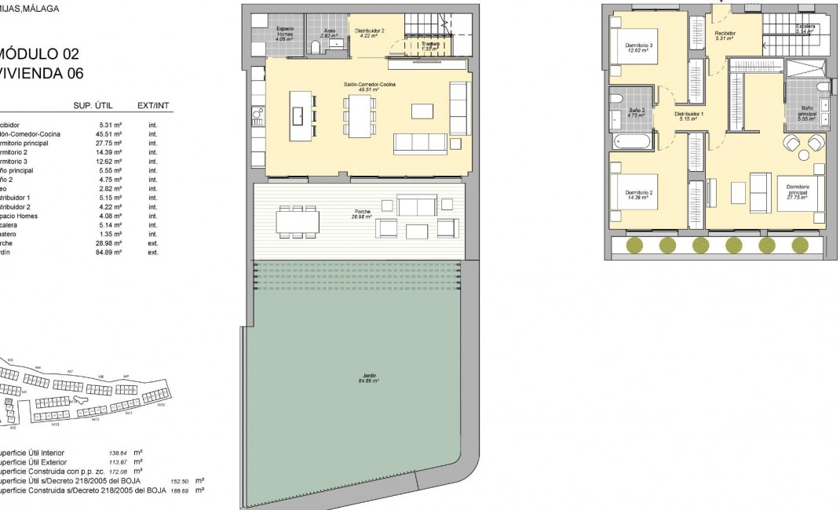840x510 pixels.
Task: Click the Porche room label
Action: [x=363, y=214]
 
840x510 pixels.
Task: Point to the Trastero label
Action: [x=429, y=46]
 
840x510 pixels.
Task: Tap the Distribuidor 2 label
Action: [x=369, y=31]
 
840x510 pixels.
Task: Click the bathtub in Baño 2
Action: [x=632, y=142]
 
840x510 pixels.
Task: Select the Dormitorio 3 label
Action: [x=639, y=47]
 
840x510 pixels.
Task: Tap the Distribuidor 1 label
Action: [x=689, y=115]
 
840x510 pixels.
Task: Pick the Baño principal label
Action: [x=808, y=111]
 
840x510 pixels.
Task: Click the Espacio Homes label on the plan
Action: [x=285, y=32]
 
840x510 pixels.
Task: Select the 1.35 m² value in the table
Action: [x=111, y=234]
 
